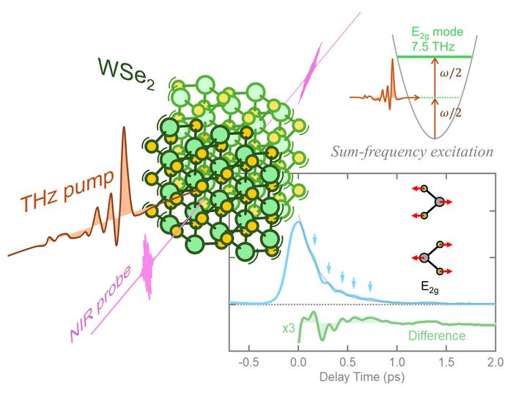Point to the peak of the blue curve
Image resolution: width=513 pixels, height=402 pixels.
point(298,223)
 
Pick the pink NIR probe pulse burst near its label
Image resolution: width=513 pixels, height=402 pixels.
point(148,268)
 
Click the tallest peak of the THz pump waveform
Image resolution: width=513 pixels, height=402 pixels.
point(125,158)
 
